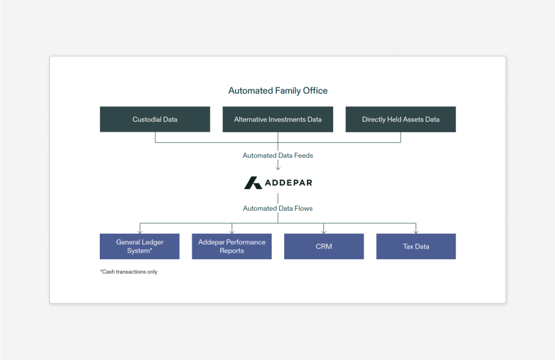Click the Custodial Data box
[155, 119]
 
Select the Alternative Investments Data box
[277, 119]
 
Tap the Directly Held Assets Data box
[400, 119]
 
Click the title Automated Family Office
[277, 91]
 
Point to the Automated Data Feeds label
[277, 155]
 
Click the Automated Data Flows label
[277, 208]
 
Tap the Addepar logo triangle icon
[253, 183]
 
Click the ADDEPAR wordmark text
[288, 183]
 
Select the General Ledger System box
[140, 246]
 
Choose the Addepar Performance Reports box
[231, 246]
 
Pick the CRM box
[324, 246]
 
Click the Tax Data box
[416, 246]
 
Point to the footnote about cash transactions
[129, 272]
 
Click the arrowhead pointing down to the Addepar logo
[277, 168]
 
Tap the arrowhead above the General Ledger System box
[140, 231]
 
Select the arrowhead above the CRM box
[324, 231]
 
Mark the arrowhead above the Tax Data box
[416, 231]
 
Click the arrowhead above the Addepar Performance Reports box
[232, 231]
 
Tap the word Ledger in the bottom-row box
[153, 242]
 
